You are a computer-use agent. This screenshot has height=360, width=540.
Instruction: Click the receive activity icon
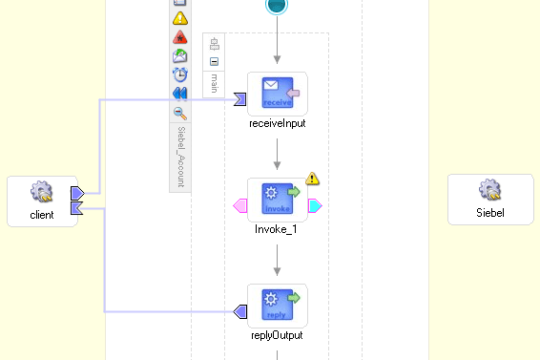277,93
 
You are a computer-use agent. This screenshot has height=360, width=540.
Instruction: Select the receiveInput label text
277,123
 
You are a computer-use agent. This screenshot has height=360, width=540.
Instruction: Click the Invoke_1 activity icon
277,199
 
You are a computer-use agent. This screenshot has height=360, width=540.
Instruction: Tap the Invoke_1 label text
277,229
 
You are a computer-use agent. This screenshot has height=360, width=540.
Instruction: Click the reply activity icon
277,305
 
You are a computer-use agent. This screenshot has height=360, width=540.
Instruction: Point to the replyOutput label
277,335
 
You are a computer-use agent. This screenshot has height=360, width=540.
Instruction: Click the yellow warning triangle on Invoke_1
312,179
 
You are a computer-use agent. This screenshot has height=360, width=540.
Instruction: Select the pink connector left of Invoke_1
240,205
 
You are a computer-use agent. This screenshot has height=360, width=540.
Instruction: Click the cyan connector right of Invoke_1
314,205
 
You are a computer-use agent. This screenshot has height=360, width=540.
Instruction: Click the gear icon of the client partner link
42,194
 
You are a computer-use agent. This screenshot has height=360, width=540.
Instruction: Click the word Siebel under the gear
490,213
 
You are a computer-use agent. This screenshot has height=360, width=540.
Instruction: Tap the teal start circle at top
277,6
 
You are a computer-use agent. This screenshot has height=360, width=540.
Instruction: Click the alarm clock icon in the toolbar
179,74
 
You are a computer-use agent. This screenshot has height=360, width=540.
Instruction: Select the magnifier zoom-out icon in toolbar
179,113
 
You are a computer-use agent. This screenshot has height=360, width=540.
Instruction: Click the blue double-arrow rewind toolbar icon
179,94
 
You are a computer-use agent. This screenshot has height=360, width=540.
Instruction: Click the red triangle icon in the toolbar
179,38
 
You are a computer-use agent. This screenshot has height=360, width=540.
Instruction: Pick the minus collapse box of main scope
215,61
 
